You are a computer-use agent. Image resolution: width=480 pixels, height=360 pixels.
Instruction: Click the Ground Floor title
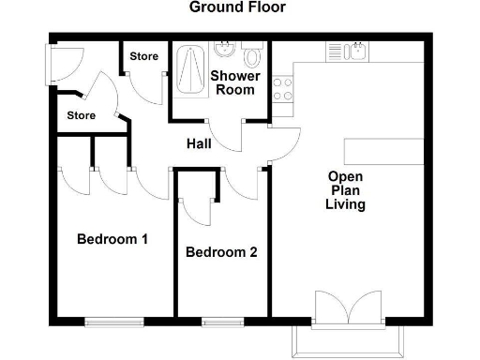[x=238, y=8]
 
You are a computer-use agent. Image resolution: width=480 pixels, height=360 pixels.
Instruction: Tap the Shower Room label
[x=232, y=82]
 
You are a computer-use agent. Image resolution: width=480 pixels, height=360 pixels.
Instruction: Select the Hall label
[x=198, y=143]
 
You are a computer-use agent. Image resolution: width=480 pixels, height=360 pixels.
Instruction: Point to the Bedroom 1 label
[x=112, y=239]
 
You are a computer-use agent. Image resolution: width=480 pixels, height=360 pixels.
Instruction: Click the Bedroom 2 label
[x=221, y=252]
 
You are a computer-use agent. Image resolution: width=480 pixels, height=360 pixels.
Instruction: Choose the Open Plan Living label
[x=345, y=190]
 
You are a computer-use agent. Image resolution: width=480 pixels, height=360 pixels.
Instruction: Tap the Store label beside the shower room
[x=143, y=56]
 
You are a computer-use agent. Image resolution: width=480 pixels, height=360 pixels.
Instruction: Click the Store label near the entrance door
[x=82, y=116]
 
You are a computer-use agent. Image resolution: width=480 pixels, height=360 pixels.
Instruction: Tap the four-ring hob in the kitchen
[x=282, y=88]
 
